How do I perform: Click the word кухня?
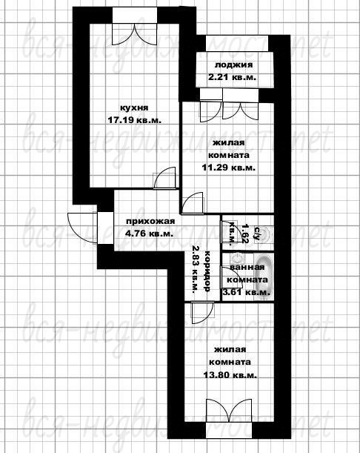click(x=134, y=108)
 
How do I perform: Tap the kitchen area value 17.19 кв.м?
click(x=134, y=120)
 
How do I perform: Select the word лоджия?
click(x=233, y=65)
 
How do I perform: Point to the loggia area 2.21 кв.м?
click(x=233, y=77)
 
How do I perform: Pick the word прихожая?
click(x=150, y=221)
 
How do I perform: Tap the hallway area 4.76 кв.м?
click(x=149, y=234)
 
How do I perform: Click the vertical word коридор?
click(x=207, y=271)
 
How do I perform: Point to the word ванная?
click(x=247, y=267)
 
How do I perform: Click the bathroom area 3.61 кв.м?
click(x=246, y=292)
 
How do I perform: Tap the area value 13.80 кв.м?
click(x=230, y=375)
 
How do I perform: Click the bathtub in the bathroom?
click(x=264, y=277)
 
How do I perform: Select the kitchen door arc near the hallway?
click(x=165, y=178)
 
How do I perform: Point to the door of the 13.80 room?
click(x=203, y=313)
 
